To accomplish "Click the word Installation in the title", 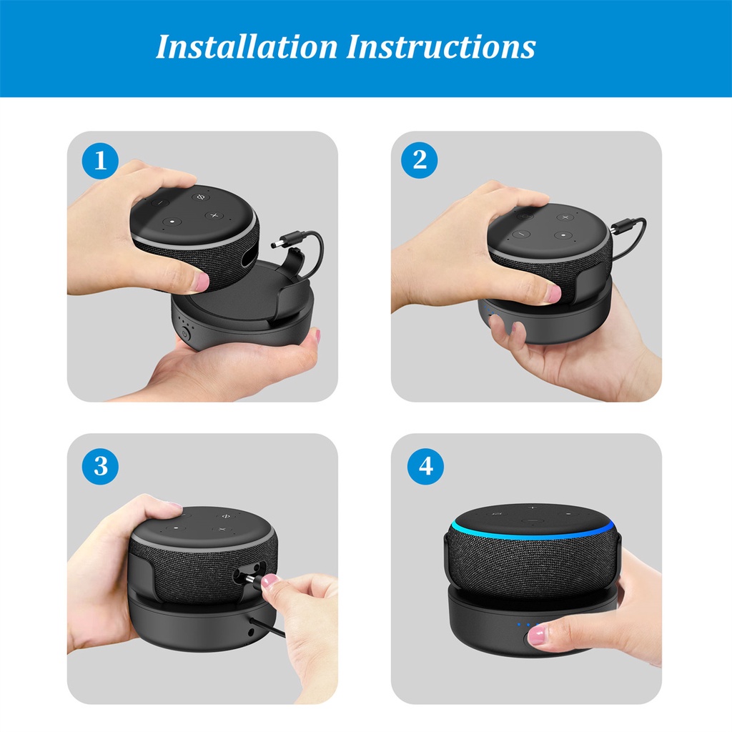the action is [x=247, y=47].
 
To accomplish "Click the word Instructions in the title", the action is [x=440, y=47].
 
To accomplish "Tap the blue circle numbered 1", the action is [x=100, y=161].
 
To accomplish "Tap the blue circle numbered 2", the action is [x=419, y=160].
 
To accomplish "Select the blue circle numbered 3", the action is [x=100, y=466].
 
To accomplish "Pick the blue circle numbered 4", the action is [x=425, y=466].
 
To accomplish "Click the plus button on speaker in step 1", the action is [x=214, y=216].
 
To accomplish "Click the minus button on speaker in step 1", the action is [x=159, y=203].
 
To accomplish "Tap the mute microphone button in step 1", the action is [x=201, y=197].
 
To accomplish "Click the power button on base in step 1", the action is [x=185, y=333].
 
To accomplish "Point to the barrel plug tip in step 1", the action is [x=275, y=244].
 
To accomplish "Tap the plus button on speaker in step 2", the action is [x=565, y=217].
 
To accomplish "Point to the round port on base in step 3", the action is [x=251, y=633].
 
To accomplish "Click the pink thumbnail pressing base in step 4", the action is [x=536, y=636].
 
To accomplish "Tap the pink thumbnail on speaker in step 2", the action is [x=553, y=294].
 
